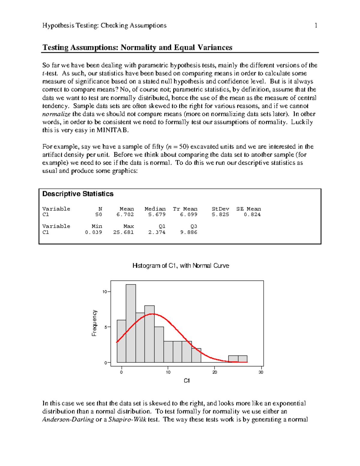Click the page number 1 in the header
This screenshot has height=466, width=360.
coord(316,26)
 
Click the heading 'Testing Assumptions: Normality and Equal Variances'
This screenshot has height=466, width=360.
coord(137,47)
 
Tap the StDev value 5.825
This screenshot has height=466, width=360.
coord(220,215)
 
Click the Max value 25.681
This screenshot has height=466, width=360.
coord(123,232)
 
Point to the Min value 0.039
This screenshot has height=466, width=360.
coord(93,232)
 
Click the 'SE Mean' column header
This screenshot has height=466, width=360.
coord(248,209)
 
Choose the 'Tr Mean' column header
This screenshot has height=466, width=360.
coord(185,209)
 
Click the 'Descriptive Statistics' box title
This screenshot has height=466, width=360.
coord(78,194)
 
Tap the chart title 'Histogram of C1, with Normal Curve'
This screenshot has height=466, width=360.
coord(181,266)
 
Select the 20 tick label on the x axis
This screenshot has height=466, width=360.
coord(215,372)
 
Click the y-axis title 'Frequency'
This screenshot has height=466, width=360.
coord(94,323)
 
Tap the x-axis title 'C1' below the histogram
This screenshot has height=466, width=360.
coord(187,381)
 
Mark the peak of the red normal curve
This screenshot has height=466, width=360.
coord(152,314)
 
